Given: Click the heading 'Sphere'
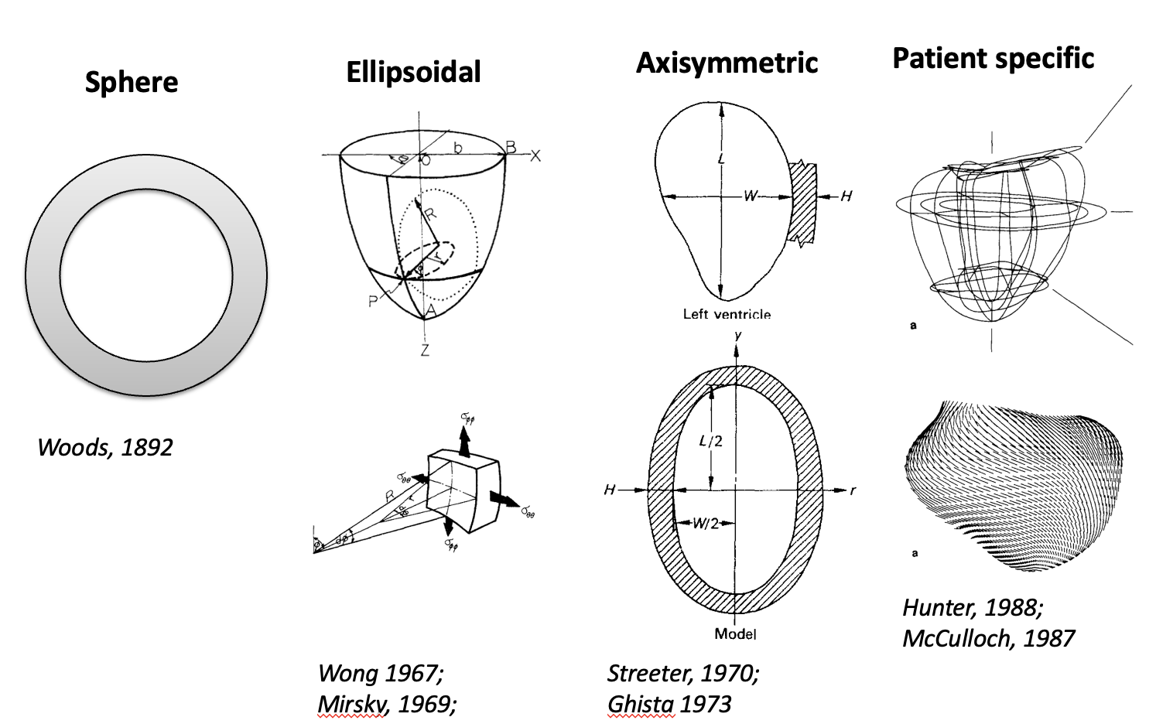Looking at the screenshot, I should tap(132, 82).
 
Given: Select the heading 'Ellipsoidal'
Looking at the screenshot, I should tap(413, 72).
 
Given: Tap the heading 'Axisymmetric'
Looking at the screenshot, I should tap(727, 63).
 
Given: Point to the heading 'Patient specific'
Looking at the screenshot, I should tap(993, 58).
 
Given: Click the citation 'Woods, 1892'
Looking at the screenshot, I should tap(105, 447).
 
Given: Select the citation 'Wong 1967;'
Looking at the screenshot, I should tap(381, 673).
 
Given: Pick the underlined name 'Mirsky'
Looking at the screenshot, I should tap(351, 704).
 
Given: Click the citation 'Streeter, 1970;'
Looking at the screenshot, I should tap(683, 673).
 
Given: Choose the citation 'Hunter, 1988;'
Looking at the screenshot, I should tap(973, 607).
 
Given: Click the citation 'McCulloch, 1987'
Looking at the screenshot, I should tap(988, 638).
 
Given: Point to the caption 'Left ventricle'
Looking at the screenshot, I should tap(727, 314).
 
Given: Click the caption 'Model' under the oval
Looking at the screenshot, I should tap(735, 634).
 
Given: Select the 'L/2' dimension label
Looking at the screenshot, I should tap(710, 441).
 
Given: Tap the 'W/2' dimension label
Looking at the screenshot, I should tap(705, 523).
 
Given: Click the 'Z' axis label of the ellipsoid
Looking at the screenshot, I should tap(425, 350).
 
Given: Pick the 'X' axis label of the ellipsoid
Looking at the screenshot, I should tap(535, 155).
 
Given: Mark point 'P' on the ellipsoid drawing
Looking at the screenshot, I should tap(373, 301).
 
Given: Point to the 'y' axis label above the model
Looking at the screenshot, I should tap(738, 335).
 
